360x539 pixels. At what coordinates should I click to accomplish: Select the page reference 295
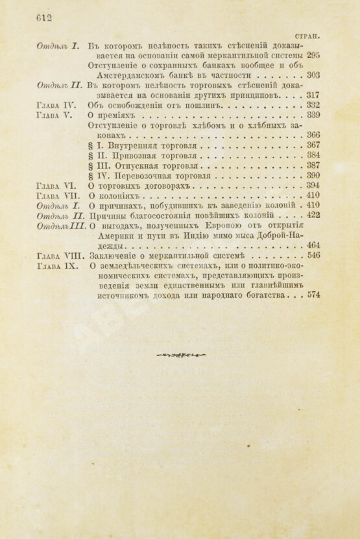click(312, 56)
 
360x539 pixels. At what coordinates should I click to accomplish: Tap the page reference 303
click(312, 75)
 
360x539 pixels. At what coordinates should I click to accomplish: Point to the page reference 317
click(312, 95)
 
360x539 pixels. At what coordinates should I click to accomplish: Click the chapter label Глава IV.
click(58, 104)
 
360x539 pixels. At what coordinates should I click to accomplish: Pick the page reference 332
click(312, 104)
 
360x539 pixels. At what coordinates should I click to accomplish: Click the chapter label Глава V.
click(56, 115)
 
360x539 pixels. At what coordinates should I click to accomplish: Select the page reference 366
click(312, 135)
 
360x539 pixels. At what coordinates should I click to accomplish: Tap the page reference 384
click(312, 156)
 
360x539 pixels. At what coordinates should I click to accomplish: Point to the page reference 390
click(312, 176)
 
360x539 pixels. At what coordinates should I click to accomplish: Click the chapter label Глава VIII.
click(60, 256)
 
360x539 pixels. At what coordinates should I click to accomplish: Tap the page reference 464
click(312, 246)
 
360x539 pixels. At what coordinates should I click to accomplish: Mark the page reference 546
click(312, 256)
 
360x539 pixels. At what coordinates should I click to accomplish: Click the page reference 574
click(312, 296)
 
